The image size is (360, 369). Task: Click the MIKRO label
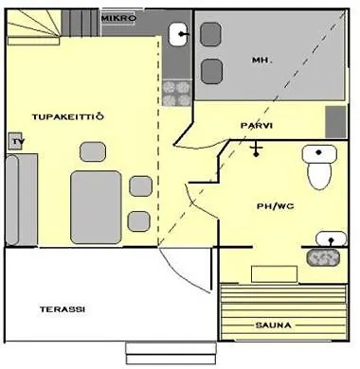(x=118, y=18)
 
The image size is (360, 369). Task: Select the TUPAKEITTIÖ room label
(x=67, y=116)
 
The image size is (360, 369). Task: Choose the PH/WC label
(x=269, y=206)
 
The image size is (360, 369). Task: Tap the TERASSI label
(x=63, y=309)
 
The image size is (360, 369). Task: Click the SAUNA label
(x=273, y=325)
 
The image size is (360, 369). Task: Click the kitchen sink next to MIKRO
(x=178, y=35)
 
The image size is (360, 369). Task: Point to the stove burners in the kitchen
(x=177, y=92)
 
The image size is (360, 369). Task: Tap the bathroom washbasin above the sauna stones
(x=329, y=238)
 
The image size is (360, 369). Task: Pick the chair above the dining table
(x=93, y=151)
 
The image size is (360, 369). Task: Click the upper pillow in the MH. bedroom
(x=211, y=39)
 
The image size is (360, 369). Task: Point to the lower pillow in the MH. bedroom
(x=211, y=72)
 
